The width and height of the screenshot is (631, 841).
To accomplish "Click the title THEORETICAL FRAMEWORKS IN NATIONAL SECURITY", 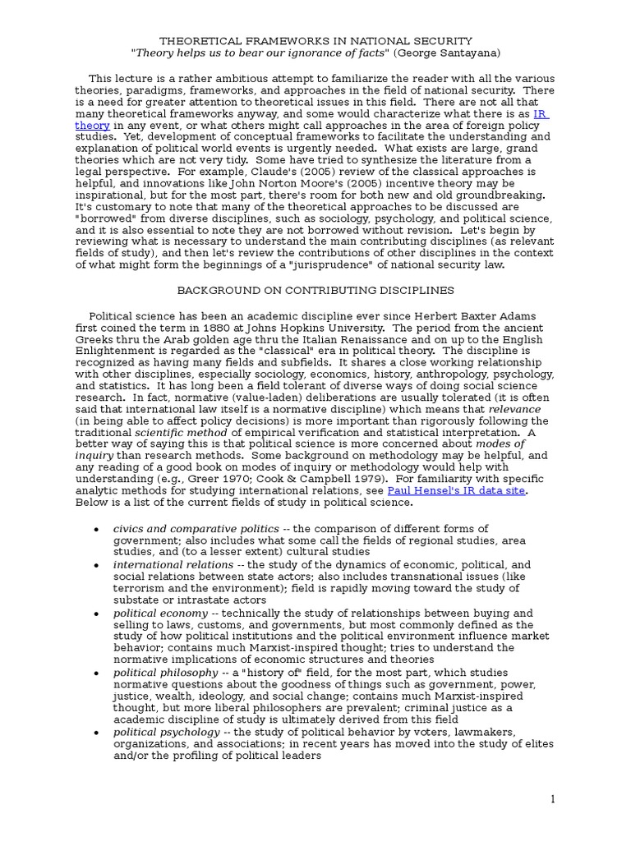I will [315, 40].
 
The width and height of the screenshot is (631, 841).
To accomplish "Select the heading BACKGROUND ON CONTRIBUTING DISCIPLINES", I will [315, 291].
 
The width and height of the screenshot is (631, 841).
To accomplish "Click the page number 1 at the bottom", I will [553, 799].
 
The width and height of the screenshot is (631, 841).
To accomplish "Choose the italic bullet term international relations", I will [173, 565].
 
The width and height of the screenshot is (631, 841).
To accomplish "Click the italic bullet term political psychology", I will [167, 732].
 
